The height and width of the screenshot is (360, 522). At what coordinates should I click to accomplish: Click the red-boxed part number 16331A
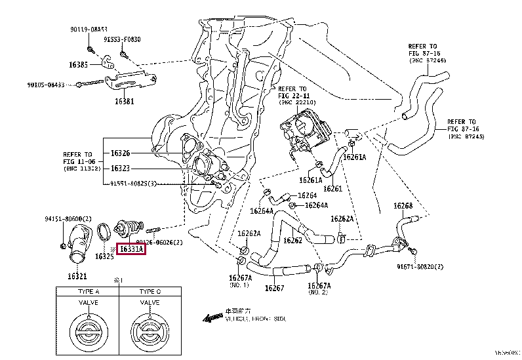coord(131,249)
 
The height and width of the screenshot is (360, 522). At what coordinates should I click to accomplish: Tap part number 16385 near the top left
coord(79,65)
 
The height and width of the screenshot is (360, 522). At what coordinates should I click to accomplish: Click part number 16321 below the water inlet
coord(77,277)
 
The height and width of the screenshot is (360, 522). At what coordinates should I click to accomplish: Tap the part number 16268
coord(403,206)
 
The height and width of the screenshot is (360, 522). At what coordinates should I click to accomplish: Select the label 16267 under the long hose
coord(274,287)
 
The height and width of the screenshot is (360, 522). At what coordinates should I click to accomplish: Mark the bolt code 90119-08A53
coord(89,30)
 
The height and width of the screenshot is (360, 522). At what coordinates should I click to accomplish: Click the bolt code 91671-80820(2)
coord(420,267)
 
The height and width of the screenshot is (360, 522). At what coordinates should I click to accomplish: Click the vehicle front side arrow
coord(213,318)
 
